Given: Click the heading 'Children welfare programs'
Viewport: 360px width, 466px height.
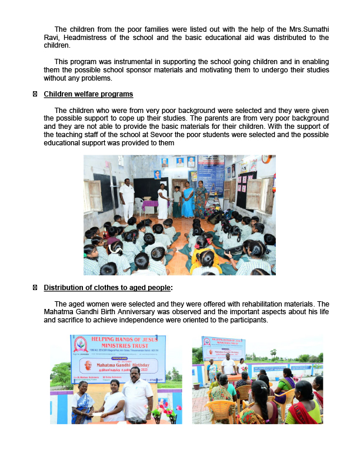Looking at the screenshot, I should pos(88,94).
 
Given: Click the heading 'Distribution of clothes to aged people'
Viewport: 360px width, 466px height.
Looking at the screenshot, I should pos(108,287).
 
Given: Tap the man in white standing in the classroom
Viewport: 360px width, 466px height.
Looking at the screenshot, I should pos(126,199).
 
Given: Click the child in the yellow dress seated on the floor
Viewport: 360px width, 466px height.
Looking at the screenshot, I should pos(205,259).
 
